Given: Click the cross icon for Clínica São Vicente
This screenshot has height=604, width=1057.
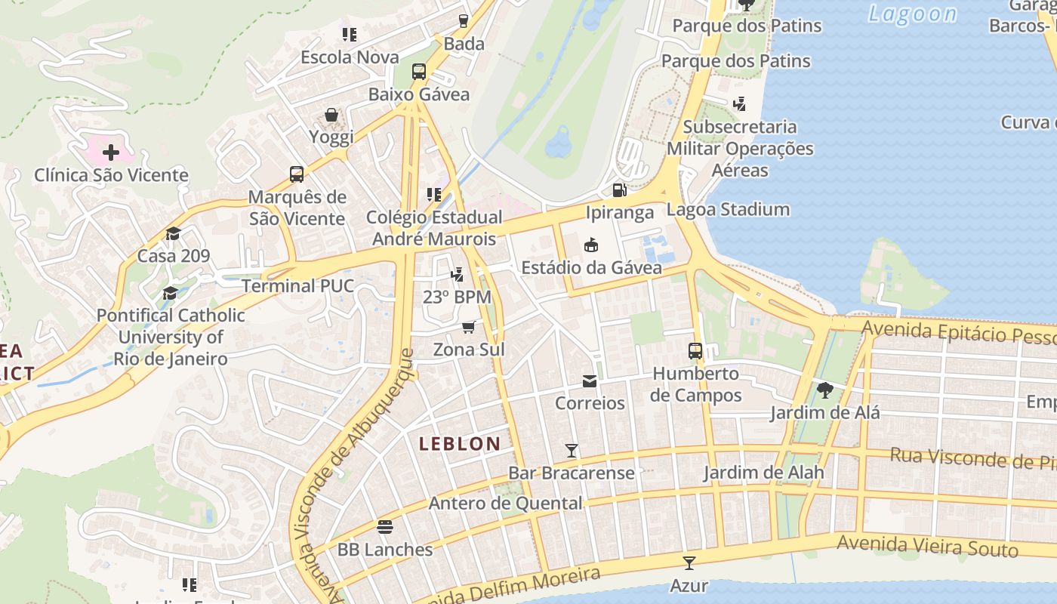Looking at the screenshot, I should (111, 153).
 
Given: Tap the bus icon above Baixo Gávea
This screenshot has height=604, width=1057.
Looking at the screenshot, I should (419, 72).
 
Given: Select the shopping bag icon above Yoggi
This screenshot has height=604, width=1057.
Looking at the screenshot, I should (331, 115).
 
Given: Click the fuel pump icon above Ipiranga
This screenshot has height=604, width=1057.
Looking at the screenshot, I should (619, 190).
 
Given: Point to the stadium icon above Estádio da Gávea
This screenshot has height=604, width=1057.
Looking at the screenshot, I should (591, 245).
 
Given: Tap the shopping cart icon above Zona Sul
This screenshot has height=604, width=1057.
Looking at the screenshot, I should (469, 327).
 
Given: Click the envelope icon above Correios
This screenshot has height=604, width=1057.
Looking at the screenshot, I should (590, 381).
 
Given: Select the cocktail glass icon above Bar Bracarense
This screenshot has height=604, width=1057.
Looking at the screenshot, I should (572, 451).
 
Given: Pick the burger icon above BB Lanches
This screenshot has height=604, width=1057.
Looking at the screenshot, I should (385, 526).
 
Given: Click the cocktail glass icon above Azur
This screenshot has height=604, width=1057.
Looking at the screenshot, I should (689, 562).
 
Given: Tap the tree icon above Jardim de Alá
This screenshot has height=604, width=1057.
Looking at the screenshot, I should (824, 390).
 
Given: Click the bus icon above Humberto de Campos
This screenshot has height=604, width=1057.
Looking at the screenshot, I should (695, 351).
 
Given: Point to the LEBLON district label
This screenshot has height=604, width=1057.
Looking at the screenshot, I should (460, 444).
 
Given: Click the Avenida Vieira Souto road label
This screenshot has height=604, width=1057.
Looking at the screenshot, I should (927, 546).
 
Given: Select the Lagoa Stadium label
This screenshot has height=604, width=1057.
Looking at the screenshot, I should (728, 209).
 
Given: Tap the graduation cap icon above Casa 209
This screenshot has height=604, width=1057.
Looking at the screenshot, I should (174, 233).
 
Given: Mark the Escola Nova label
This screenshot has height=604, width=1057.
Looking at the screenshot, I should (350, 57).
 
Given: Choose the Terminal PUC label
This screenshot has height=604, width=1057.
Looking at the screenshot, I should (297, 285).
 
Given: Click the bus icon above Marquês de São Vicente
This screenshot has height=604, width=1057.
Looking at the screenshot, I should (297, 174).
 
